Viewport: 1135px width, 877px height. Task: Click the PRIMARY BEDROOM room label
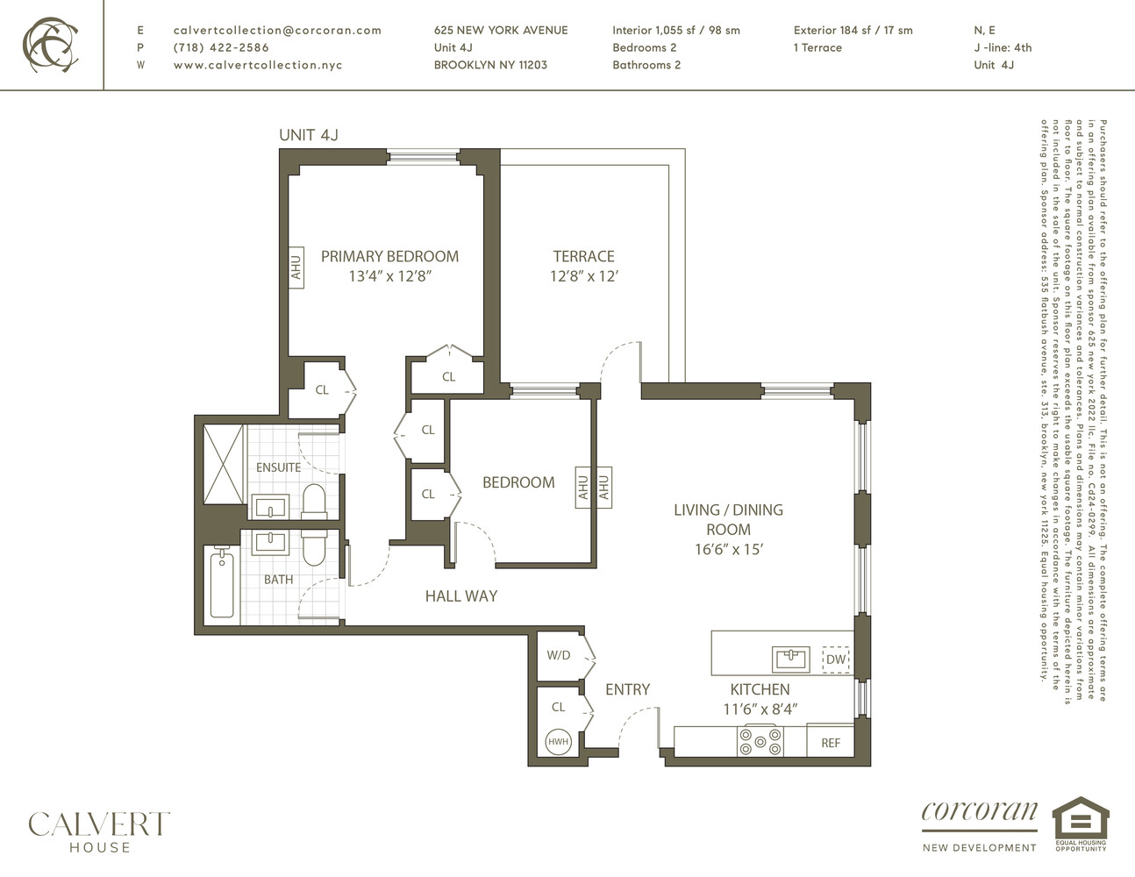tap(389, 257)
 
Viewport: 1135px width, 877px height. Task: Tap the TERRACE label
tap(583, 257)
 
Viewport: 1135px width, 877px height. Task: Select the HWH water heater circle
tap(558, 742)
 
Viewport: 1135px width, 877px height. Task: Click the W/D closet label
tap(558, 655)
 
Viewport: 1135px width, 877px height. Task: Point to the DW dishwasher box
tap(836, 660)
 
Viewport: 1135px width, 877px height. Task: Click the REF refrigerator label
tap(831, 743)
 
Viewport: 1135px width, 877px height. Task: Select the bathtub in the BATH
tap(223, 583)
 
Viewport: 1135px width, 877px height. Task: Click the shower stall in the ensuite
tap(223, 464)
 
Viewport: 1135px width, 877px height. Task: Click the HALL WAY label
tap(461, 596)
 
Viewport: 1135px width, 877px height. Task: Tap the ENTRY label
tap(628, 690)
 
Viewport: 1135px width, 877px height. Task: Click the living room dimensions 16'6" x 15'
tap(728, 550)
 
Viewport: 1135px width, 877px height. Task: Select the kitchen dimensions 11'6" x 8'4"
tap(760, 709)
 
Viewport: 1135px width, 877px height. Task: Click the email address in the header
tap(277, 30)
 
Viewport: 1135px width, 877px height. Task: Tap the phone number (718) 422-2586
tap(221, 47)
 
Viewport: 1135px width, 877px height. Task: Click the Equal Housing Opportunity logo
tap(1080, 823)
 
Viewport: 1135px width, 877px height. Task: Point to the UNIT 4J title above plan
tap(309, 135)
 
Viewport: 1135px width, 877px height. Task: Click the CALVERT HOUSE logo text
tap(99, 831)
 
